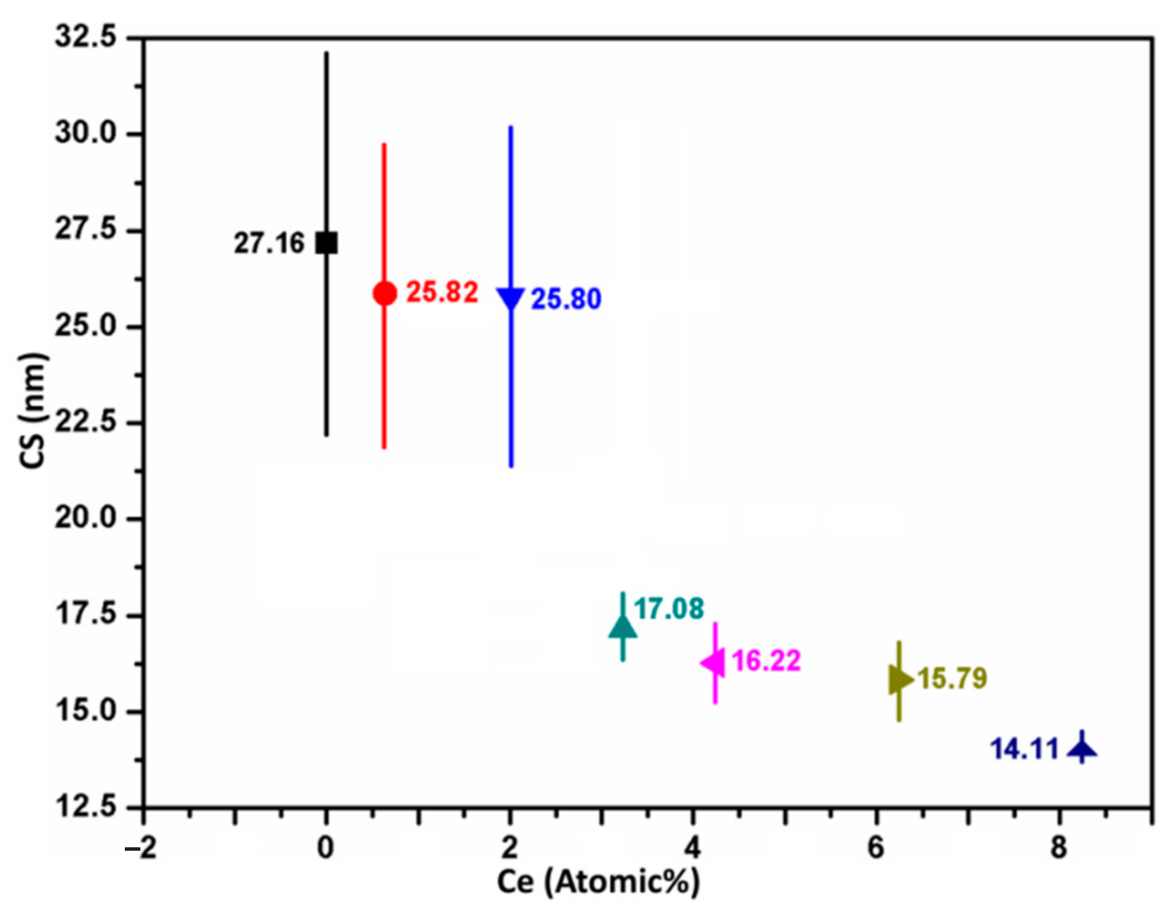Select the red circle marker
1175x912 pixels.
[385, 293]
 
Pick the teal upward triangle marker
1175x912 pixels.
[623, 627]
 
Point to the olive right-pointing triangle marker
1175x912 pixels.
[900, 680]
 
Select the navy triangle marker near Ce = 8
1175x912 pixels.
[1082, 749]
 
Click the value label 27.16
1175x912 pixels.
[269, 243]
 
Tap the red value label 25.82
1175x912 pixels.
[442, 292]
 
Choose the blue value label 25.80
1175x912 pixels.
[566, 299]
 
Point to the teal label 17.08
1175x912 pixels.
[669, 609]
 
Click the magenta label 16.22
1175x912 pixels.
[766, 661]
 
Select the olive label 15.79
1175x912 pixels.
[953, 678]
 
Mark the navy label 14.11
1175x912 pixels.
[1024, 749]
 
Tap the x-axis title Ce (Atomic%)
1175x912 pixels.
[598, 882]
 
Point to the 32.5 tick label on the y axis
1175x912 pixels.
[85, 37]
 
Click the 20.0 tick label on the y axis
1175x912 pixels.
[85, 518]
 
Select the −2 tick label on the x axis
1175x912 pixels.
[141, 848]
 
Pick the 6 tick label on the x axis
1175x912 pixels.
[876, 848]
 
